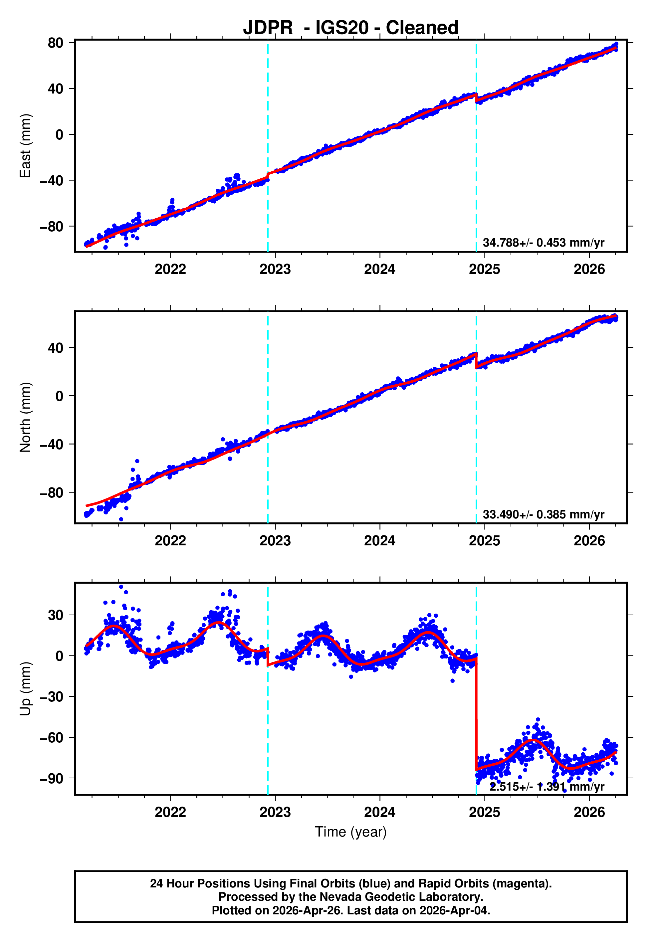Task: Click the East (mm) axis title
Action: pos(25,146)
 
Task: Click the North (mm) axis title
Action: pos(25,417)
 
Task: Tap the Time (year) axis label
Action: pos(351,832)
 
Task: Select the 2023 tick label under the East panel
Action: pos(275,269)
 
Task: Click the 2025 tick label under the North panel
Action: pos(485,541)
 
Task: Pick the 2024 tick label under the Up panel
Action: pos(380,812)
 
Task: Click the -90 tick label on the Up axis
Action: pos(52,779)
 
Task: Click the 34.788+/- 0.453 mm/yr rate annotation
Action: pos(544,243)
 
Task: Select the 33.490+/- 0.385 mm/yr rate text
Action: pos(544,514)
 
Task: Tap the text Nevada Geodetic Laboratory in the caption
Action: pos(401,897)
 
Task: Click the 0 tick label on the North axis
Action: pos(60,396)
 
